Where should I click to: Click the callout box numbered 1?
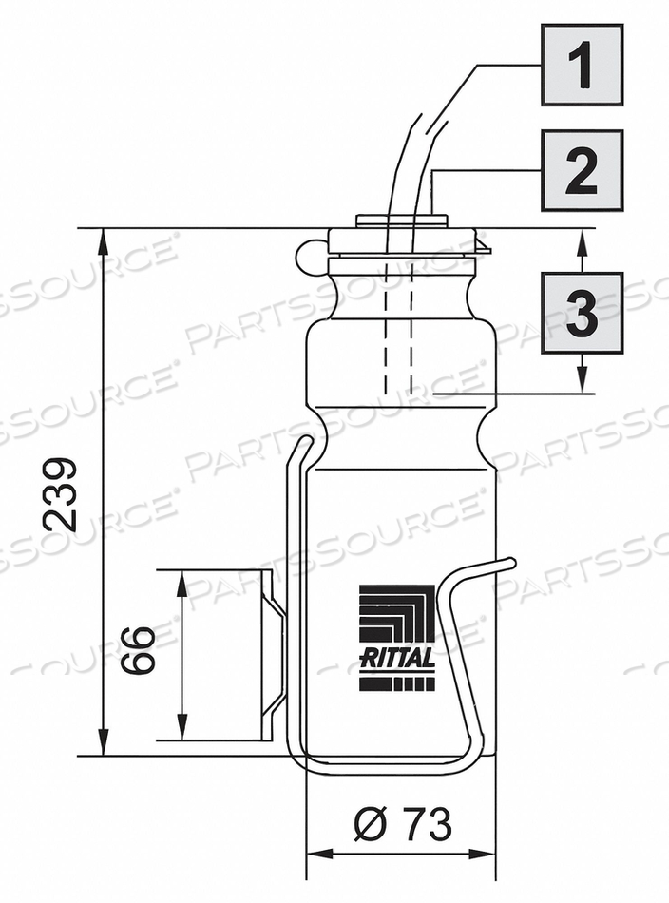(582, 65)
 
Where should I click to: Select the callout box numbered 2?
(582, 170)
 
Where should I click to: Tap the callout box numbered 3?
(582, 313)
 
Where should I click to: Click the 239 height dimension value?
(62, 493)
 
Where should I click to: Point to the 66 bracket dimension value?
(140, 650)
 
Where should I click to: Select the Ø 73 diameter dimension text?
(402, 824)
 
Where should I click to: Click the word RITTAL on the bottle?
(397, 658)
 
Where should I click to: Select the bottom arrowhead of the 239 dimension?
(103, 745)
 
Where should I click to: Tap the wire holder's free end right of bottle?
(510, 564)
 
